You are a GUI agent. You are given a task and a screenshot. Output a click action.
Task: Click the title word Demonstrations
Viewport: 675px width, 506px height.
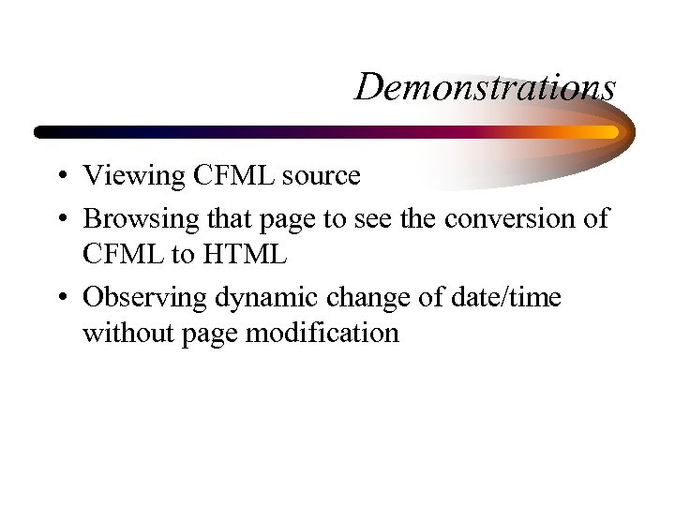486,87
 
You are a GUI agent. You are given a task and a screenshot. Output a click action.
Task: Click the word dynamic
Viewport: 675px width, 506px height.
262,299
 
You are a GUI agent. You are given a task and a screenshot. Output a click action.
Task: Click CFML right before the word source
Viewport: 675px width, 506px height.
223,175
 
